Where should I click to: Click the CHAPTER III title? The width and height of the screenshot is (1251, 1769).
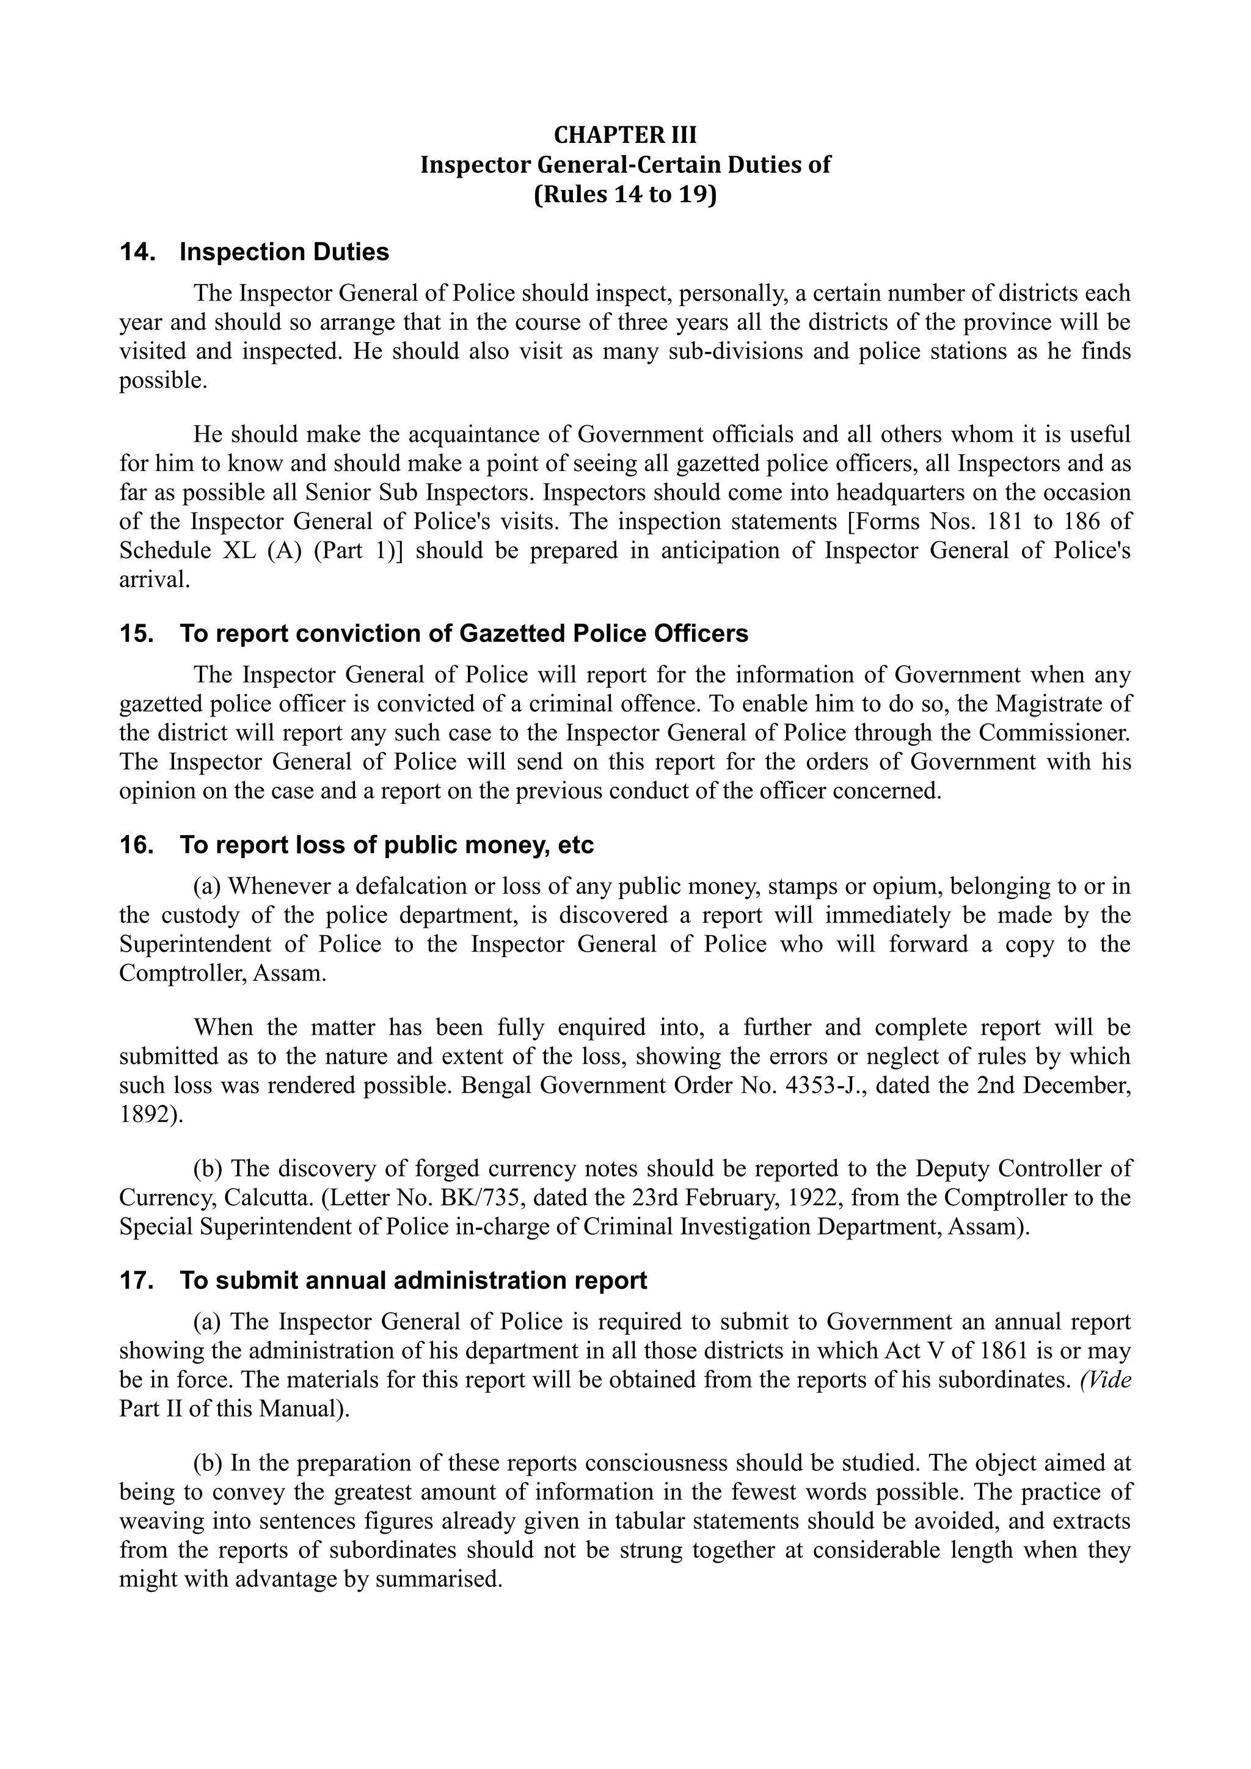(625, 135)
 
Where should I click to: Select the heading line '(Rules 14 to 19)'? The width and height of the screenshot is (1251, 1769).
(625, 195)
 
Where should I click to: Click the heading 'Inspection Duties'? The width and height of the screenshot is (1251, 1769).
(284, 253)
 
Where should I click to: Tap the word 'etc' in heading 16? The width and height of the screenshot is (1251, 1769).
(575, 845)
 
